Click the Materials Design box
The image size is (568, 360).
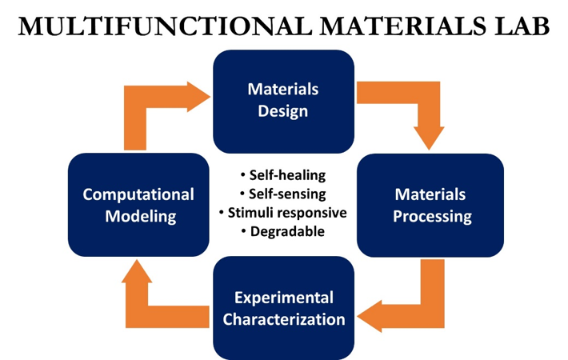[x=283, y=101]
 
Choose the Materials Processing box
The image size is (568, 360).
[x=430, y=205]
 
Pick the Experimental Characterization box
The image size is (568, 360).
[x=283, y=308]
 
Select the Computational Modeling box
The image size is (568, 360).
[x=138, y=205]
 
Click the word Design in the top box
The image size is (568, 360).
[x=283, y=111]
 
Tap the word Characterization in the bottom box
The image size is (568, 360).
[x=284, y=319]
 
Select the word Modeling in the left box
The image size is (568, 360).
[x=138, y=216]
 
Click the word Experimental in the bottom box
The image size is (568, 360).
[x=284, y=298]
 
